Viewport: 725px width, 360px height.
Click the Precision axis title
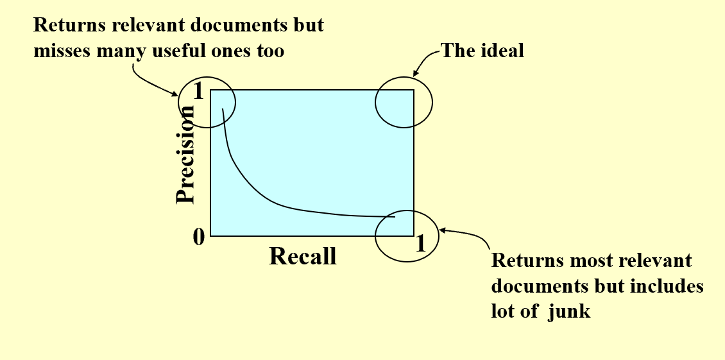point(185,155)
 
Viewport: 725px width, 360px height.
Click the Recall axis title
point(302,256)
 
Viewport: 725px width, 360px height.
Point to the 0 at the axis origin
point(199,237)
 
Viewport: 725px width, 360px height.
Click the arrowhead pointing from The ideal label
point(414,76)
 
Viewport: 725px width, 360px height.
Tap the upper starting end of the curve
point(222,109)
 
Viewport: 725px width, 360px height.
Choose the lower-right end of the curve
point(395,217)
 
